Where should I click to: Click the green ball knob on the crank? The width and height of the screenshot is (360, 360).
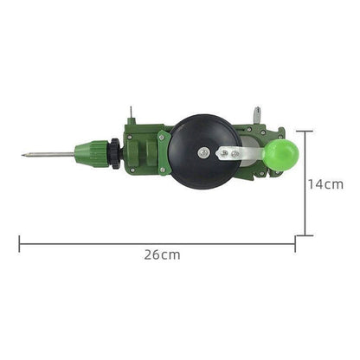click(281, 154)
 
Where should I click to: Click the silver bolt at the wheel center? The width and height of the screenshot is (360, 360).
click(202, 152)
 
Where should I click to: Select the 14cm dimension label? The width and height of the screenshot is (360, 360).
click(326, 184)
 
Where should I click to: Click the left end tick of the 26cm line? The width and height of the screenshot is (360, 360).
click(19, 244)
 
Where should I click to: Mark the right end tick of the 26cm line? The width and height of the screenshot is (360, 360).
click(295, 244)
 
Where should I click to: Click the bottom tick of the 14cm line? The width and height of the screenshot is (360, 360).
click(305, 235)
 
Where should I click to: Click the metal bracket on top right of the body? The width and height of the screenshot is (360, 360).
click(257, 115)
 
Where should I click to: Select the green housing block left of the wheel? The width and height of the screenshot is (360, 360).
click(143, 151)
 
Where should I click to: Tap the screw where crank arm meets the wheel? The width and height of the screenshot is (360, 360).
click(223, 153)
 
